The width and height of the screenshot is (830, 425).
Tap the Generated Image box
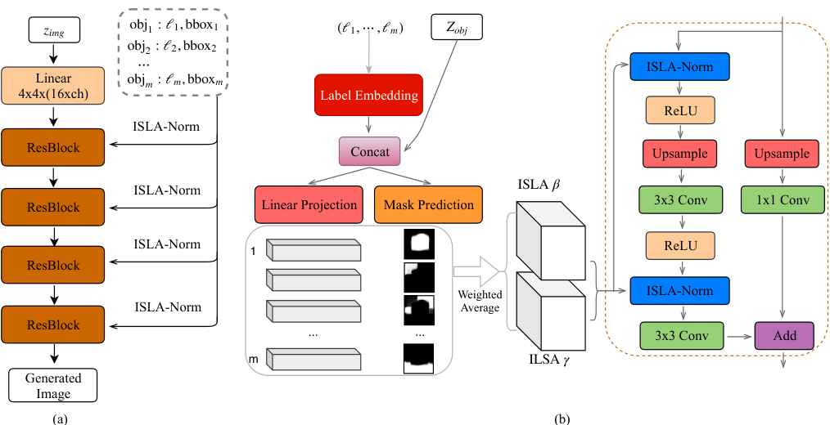point(52,386)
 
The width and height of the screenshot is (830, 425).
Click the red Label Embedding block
point(368,95)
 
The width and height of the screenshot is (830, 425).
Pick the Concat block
point(370,152)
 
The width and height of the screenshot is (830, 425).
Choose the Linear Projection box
point(309,205)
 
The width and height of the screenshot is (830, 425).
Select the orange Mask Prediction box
point(428,205)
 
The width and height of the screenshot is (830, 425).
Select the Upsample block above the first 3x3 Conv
point(679,154)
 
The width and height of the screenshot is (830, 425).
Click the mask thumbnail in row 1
point(419,244)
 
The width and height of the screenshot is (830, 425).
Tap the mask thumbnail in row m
point(419,359)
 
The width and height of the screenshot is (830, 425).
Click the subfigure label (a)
point(60,419)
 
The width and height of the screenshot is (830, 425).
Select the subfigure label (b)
point(562,419)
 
